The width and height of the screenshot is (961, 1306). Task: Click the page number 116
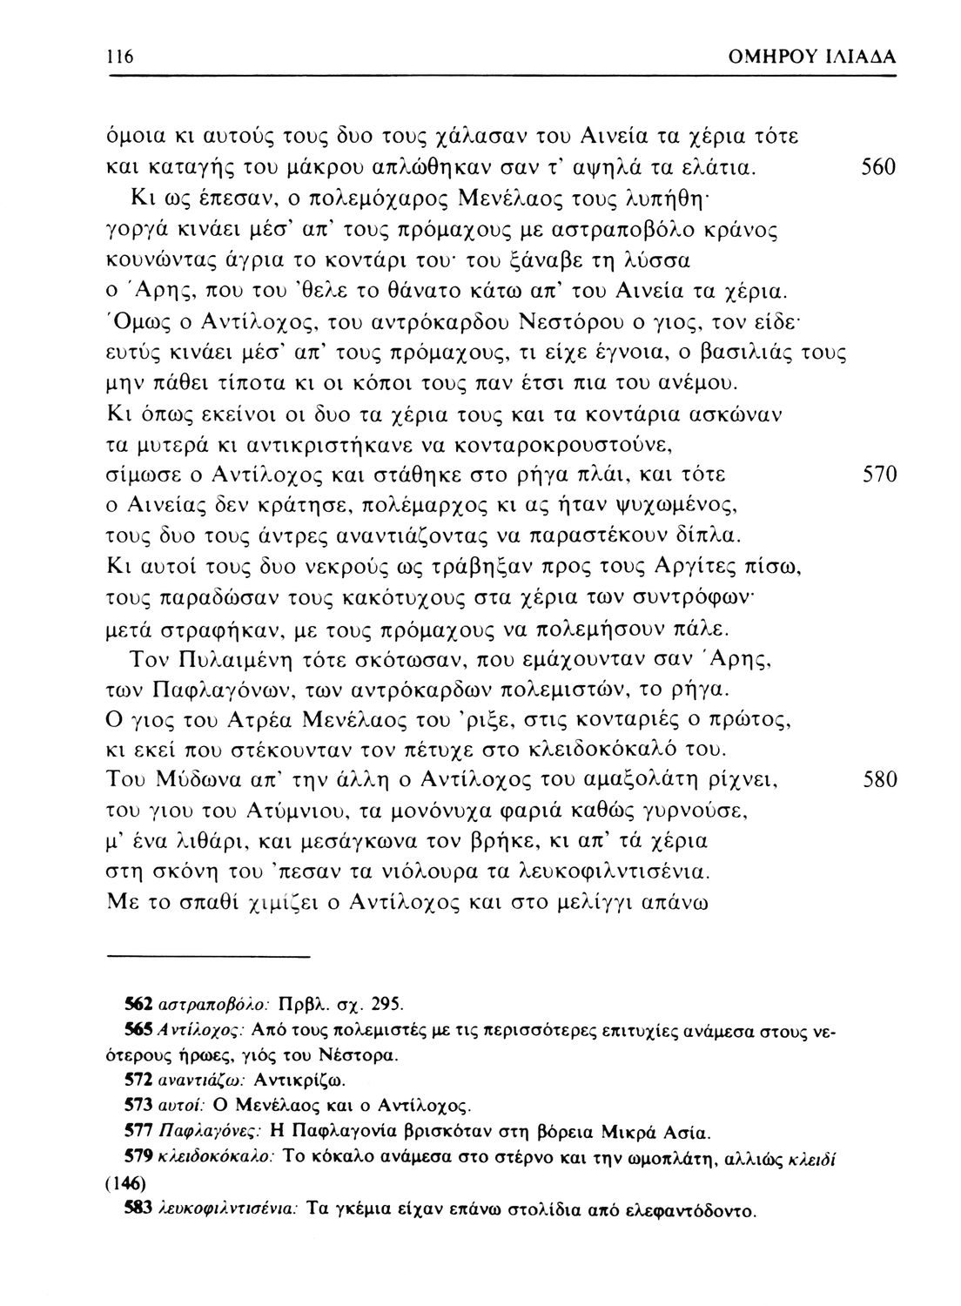click(119, 57)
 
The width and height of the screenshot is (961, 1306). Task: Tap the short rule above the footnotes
click(208, 958)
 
